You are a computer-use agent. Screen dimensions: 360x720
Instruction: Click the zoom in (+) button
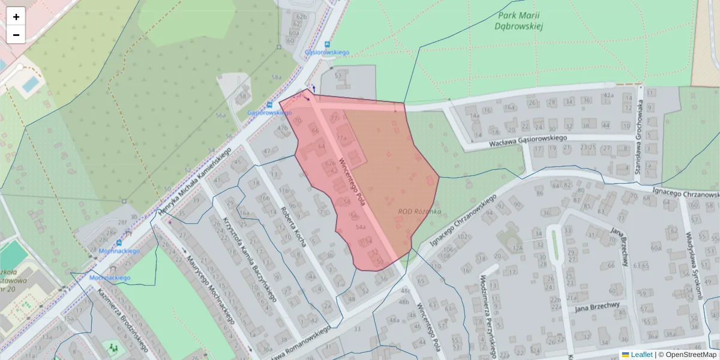16,17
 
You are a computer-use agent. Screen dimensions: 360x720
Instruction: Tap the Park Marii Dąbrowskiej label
520,20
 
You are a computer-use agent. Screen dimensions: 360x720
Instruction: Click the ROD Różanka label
419,212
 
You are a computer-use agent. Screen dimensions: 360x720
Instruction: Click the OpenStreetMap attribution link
691,355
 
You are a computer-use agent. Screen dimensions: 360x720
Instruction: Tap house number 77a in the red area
342,137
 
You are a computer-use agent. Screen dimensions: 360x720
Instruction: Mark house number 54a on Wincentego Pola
361,227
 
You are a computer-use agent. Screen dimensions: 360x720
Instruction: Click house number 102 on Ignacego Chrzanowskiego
462,236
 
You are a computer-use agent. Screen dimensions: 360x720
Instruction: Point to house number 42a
608,95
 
